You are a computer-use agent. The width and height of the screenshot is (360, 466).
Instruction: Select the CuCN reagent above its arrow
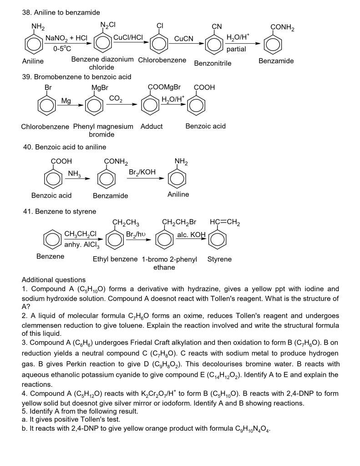tap(184, 39)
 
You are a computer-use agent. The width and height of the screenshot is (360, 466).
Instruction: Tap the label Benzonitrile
tap(213, 63)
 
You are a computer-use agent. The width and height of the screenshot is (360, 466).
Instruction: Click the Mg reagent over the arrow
tap(66, 101)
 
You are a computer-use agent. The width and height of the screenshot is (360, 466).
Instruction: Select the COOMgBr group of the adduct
tap(164, 87)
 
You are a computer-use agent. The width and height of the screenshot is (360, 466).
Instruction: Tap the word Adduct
tap(152, 126)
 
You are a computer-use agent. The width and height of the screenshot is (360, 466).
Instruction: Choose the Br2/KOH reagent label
tap(142, 172)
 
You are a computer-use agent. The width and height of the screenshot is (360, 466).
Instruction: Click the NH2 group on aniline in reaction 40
tap(181, 161)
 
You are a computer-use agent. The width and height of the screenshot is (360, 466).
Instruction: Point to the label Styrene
tap(219, 259)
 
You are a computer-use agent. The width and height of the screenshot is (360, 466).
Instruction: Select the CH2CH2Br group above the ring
tap(179, 223)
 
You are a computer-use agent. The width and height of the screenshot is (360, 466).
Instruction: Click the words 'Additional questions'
tap(54, 279)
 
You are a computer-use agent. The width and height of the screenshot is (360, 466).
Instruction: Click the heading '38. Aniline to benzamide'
tap(61, 12)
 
